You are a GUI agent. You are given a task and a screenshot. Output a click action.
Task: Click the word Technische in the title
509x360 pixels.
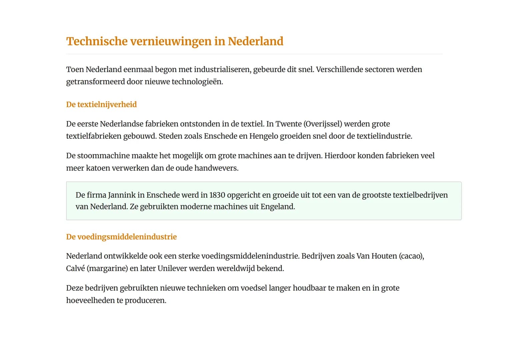point(97,41)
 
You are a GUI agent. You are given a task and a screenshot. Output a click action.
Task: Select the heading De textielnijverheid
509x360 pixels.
point(101,104)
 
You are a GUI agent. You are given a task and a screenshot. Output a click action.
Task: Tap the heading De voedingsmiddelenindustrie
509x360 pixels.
point(121,237)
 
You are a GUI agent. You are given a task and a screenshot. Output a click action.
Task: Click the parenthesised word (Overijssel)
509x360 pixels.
point(323,124)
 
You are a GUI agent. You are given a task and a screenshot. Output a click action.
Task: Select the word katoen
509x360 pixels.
point(98,168)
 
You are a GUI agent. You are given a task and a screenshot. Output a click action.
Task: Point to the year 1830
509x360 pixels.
point(217,195)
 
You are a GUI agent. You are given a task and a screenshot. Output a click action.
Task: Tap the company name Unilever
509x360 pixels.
point(172,268)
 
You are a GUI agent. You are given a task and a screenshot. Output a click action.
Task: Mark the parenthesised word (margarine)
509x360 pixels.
point(107,269)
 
